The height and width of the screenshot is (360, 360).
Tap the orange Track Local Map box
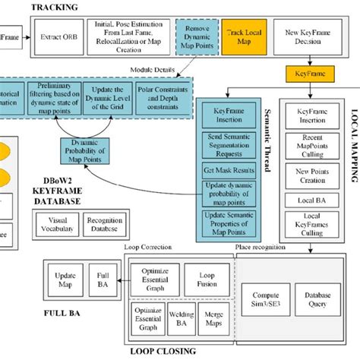coord(244,36)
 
